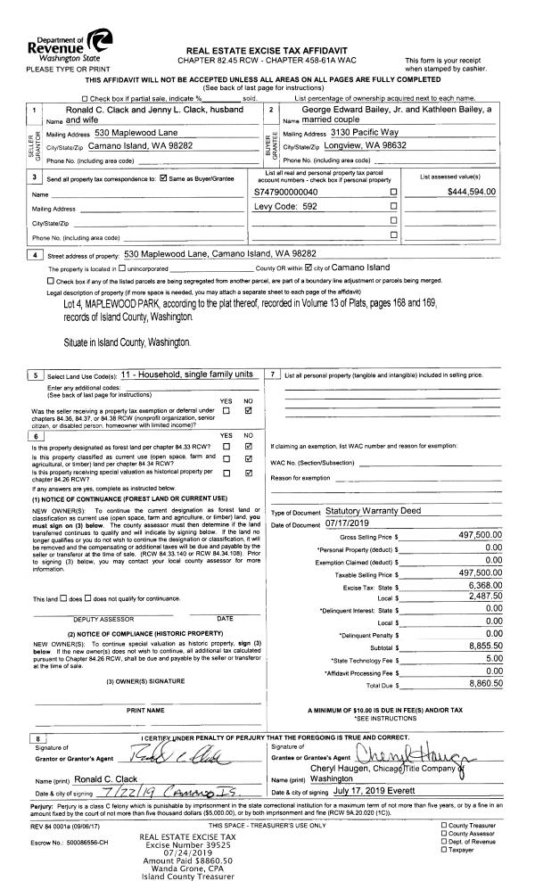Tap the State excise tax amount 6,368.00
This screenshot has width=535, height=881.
480,560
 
